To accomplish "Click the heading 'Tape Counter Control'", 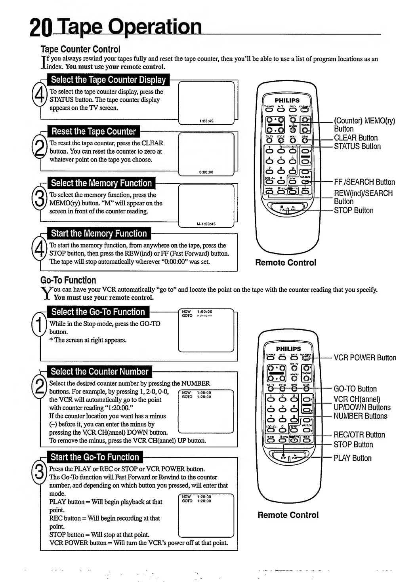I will click(80, 49).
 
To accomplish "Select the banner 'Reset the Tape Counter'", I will click(94, 131).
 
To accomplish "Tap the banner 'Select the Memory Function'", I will click(101, 183).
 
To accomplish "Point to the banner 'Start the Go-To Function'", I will click(95, 457).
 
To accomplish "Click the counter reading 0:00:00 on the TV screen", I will click(206, 172).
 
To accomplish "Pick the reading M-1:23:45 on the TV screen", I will click(206, 224).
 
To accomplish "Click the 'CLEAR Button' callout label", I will click(355, 138).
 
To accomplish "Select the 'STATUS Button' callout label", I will click(357, 146).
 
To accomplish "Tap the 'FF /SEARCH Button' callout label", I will click(364, 182).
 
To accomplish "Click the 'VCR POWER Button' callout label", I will click(365, 358).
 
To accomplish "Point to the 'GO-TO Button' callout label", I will click(355, 389).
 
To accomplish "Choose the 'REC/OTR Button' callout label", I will click(359, 435).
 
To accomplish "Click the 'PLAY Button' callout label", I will click(352, 458).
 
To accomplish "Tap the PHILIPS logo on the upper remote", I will click(287, 101).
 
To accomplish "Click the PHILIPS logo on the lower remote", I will click(288, 349).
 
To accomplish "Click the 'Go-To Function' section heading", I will click(68, 280).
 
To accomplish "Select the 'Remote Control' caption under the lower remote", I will click(288, 515).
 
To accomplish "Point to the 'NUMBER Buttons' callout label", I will click(360, 416).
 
